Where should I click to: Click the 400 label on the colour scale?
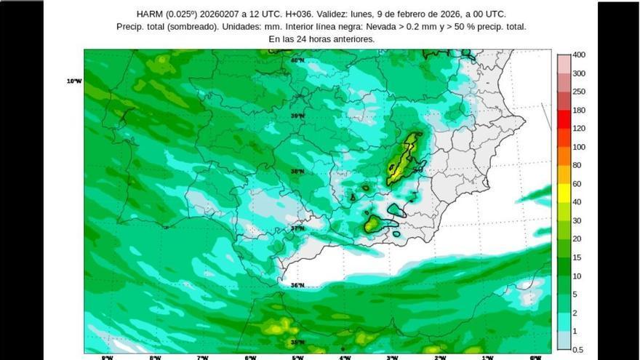[x=579, y=55]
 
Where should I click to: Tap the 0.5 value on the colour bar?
[x=577, y=350]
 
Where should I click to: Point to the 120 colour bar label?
[x=579, y=129]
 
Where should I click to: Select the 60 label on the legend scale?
[x=577, y=184]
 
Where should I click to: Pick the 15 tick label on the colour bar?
[x=577, y=257]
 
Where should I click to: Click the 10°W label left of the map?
[x=74, y=81]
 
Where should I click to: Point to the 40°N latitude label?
[x=297, y=60]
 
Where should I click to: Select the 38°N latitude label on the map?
[x=297, y=172]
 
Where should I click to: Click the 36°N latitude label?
[x=297, y=285]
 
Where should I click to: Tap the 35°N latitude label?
[x=297, y=342]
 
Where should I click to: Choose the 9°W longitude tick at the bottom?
[x=107, y=357]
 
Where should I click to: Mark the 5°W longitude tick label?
[x=297, y=357]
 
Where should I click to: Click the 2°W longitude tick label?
[x=440, y=357]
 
